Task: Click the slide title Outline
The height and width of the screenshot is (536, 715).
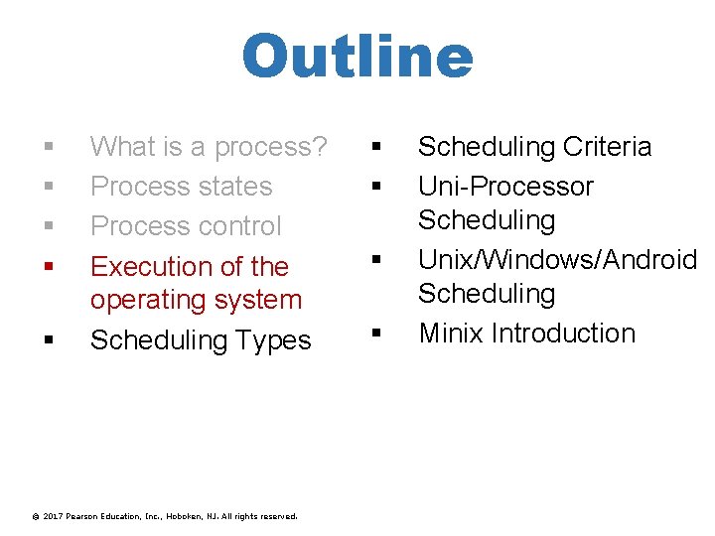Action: pos(357,58)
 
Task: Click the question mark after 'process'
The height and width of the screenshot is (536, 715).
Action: pos(319,147)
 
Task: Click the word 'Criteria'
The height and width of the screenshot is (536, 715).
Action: pos(607,147)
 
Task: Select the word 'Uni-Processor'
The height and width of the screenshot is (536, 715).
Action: pos(505,187)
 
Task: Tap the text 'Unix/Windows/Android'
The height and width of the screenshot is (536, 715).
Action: pos(557,260)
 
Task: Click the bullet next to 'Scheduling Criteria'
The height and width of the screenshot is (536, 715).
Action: pos(376,147)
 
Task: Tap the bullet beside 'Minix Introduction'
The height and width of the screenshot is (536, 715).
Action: pos(376,334)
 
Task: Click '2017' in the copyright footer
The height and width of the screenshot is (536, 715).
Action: pos(54,516)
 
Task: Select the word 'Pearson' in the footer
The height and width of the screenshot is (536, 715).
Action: pos(85,516)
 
